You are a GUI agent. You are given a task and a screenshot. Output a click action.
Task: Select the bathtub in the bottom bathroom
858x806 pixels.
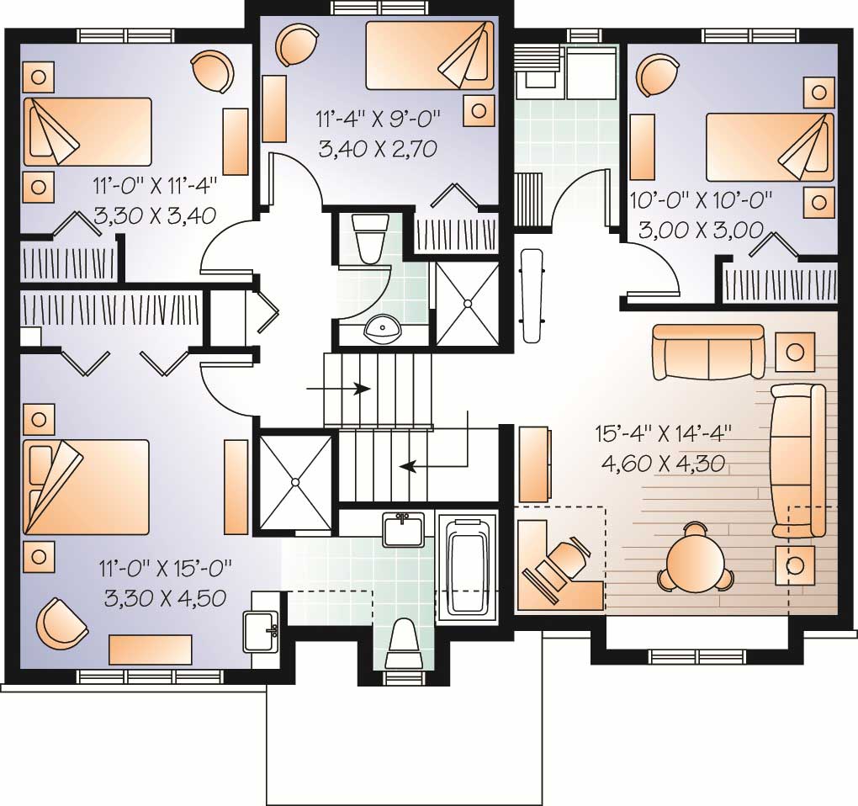pos(468,566)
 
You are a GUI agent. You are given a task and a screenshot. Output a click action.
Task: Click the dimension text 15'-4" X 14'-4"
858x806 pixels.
pos(662,435)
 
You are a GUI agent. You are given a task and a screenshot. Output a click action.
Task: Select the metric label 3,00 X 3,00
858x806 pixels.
pos(700,229)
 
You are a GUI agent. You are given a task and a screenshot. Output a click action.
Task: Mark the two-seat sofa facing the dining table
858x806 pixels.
pos(708,353)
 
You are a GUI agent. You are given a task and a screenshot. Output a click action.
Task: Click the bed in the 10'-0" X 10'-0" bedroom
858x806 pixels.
pos(769,146)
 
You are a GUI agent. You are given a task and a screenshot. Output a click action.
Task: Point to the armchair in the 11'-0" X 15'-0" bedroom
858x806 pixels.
pos(62,623)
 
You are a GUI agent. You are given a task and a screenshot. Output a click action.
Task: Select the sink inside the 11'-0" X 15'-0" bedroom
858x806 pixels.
pos(260,631)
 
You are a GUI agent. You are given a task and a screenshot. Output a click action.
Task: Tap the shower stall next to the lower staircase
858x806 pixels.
pos(295,482)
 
